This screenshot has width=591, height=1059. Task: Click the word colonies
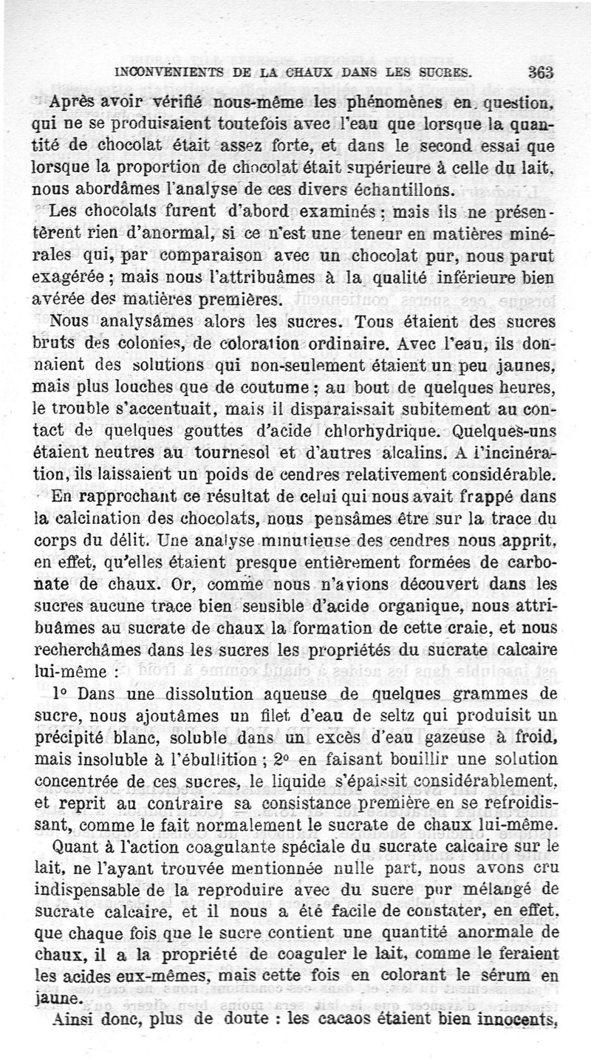tap(133, 343)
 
